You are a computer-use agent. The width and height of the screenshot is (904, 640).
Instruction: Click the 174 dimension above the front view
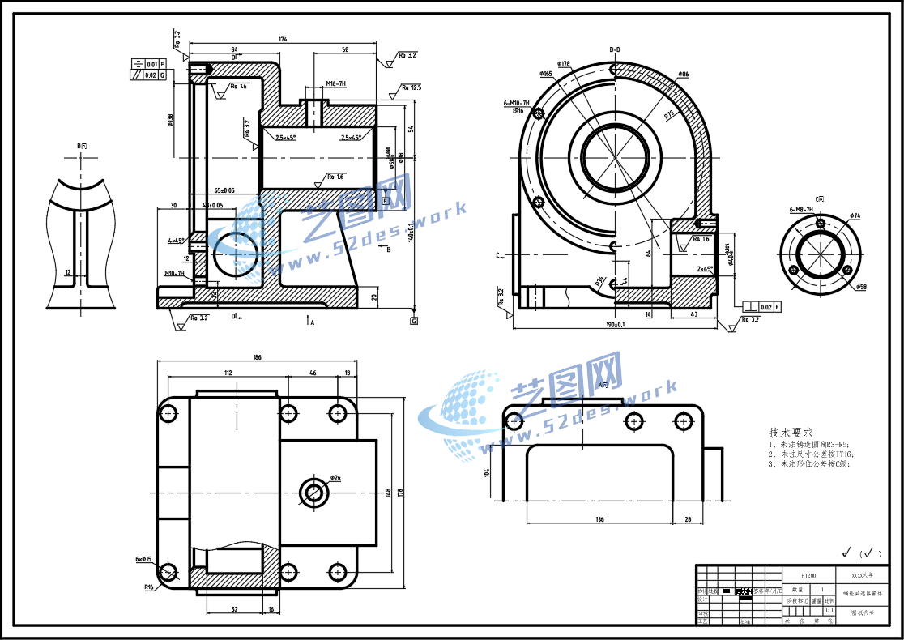(283, 39)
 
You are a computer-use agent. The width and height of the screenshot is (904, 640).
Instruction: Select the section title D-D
(615, 49)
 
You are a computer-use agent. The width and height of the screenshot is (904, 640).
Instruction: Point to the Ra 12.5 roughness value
(411, 87)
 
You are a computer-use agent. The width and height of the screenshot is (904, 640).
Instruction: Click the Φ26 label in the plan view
(335, 478)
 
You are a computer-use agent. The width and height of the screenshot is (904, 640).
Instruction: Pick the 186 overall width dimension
(257, 357)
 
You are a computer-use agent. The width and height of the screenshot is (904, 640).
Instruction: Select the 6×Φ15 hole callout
(144, 560)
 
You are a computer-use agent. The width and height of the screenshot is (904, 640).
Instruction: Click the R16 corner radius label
(149, 587)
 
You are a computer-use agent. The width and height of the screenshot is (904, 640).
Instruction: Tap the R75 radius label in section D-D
(670, 114)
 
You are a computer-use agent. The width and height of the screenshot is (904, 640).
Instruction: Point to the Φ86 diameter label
(683, 75)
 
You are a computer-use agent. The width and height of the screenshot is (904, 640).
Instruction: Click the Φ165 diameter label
(547, 74)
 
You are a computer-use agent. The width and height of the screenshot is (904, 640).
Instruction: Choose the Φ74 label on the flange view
(855, 215)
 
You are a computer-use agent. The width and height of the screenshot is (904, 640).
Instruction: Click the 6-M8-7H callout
(802, 209)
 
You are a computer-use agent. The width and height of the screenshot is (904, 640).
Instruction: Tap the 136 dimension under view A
(599, 518)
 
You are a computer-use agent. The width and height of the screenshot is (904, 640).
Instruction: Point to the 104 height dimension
(487, 472)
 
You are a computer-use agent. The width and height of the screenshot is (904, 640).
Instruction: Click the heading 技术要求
(790, 433)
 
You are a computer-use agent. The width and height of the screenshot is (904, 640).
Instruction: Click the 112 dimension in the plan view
(228, 373)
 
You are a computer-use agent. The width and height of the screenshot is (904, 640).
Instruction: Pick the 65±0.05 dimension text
(224, 190)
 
